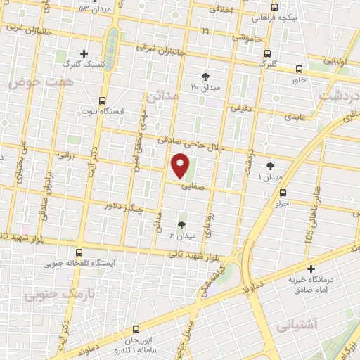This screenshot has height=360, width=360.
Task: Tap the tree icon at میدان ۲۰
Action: click(205, 77)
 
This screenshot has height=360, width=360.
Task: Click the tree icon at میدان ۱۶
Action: click(182, 225)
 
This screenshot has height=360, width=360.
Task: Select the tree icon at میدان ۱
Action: click(271, 165)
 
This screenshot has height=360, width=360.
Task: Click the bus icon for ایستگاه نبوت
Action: click(103, 101)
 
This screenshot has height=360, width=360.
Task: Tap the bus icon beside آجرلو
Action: click(283, 193)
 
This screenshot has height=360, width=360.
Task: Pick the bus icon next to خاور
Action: click(300, 69)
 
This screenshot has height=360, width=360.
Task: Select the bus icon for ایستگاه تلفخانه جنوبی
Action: click(78, 252)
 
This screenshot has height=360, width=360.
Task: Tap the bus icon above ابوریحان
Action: click(136, 328)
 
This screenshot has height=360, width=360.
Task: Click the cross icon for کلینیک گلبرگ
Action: click(84, 53)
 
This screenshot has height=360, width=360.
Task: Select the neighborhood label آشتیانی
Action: click(298, 326)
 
